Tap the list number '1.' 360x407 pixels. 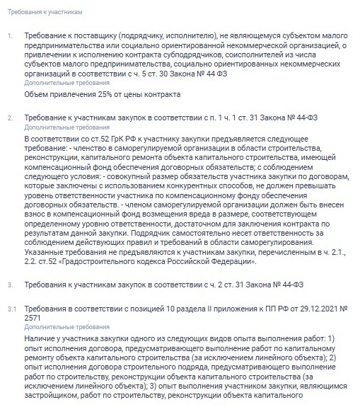[x=9, y=35]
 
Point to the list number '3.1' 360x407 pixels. [x=11, y=309]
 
